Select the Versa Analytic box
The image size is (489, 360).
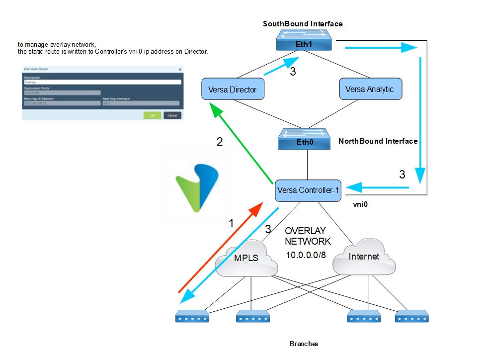pyautogui.click(x=369, y=89)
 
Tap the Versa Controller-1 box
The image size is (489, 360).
pyautogui.click(x=308, y=190)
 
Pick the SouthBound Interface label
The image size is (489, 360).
pyautogui.click(x=302, y=23)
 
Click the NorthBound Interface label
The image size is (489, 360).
pyautogui.click(x=378, y=141)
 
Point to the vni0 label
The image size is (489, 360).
pyautogui.click(x=360, y=204)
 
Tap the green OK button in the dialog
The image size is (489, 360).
pyautogui.click(x=152, y=115)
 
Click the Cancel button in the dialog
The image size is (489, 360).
pyautogui.click(x=172, y=115)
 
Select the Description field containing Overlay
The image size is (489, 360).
pyautogui.click(x=102, y=83)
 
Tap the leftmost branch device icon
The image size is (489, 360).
pyautogui.click(x=192, y=317)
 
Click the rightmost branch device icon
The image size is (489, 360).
pyautogui.click(x=412, y=317)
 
